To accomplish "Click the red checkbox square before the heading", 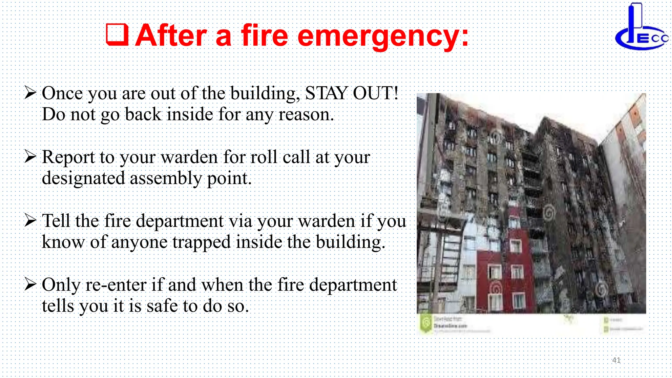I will click(x=117, y=34).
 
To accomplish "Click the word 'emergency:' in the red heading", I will click(x=383, y=36).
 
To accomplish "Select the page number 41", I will click(x=616, y=360).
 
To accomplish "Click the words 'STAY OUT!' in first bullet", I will click(x=351, y=93).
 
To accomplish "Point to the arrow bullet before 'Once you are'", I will click(x=30, y=93).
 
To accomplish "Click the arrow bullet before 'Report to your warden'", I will click(x=30, y=157).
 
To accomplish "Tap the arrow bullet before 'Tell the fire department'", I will click(x=30, y=220).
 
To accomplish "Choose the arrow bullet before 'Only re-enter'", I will click(x=30, y=284).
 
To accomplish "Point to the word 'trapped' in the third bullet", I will click(x=202, y=242).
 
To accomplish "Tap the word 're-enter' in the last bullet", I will click(x=116, y=285).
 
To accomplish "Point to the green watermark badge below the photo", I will click(x=426, y=324).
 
